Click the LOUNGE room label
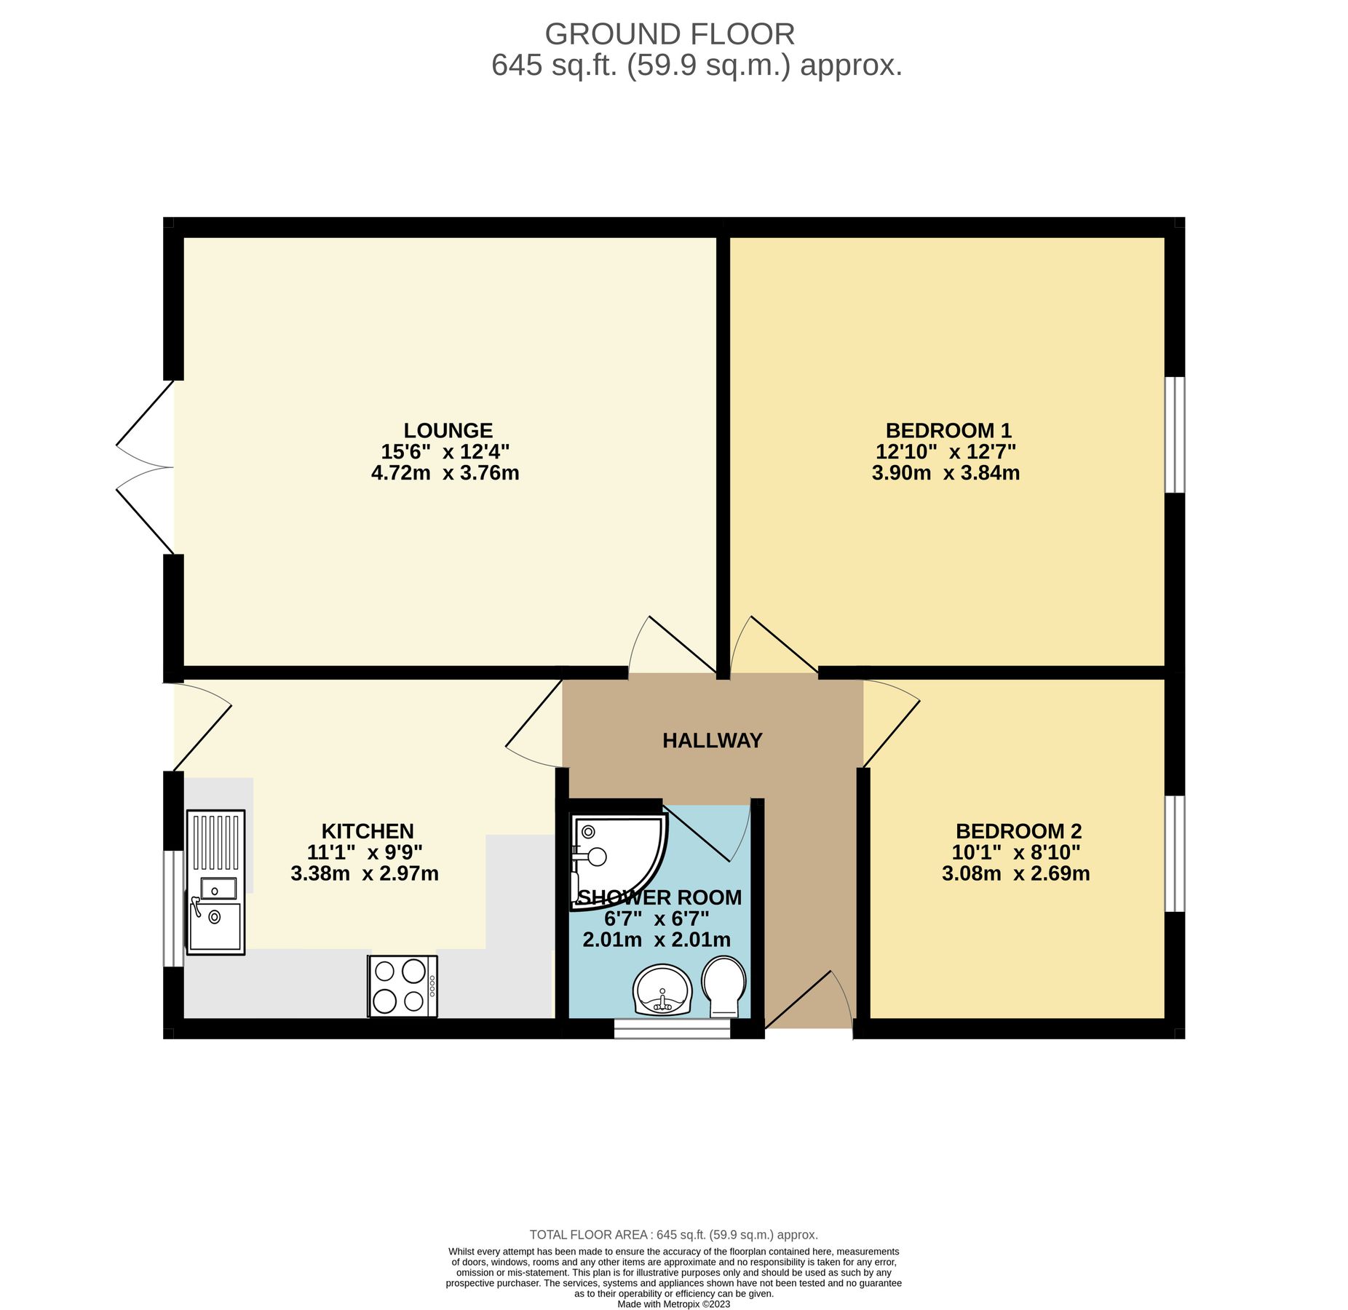[x=448, y=430]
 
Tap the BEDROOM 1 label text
[x=948, y=430]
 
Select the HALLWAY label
[x=712, y=741]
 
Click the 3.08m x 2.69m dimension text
[x=1015, y=873]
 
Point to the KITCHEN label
[x=368, y=831]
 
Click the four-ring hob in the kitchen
[x=402, y=986]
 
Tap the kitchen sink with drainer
[x=215, y=881]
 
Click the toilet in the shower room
[x=723, y=986]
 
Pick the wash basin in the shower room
[x=662, y=990]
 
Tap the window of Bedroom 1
[x=1174, y=434]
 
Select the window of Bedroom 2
[x=1174, y=853]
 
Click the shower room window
[x=671, y=1028]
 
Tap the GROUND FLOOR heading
[x=669, y=34]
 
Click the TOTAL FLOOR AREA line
[x=673, y=1235]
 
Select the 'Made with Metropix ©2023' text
[x=673, y=1304]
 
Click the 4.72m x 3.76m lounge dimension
[x=445, y=473]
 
